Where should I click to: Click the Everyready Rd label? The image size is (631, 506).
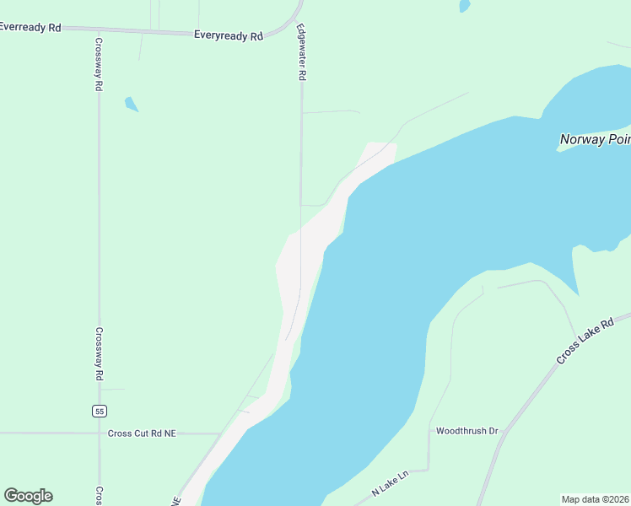coord(228,35)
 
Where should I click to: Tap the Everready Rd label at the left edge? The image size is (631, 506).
coord(30,27)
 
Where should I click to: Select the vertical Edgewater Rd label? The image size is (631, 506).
coord(300,51)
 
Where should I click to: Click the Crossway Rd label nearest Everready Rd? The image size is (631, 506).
coord(99,65)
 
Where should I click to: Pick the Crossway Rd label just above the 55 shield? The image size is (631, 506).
coord(99,354)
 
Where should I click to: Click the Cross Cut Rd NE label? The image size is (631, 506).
coord(142,433)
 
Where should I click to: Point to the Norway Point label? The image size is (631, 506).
coord(595,139)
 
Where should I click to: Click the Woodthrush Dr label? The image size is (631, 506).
coord(467,431)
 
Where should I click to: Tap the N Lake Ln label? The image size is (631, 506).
coord(390,484)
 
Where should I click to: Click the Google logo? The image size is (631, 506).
coord(28,496)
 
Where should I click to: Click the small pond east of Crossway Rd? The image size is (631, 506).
coord(131,105)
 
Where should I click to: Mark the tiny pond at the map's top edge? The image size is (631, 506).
coord(464,6)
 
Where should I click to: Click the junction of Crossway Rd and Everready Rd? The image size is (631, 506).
coord(99,29)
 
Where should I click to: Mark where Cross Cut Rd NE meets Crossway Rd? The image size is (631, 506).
coord(99,433)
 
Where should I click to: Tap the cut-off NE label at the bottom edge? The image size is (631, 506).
coord(177,500)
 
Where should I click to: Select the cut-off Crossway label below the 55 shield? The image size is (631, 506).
coord(99,496)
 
